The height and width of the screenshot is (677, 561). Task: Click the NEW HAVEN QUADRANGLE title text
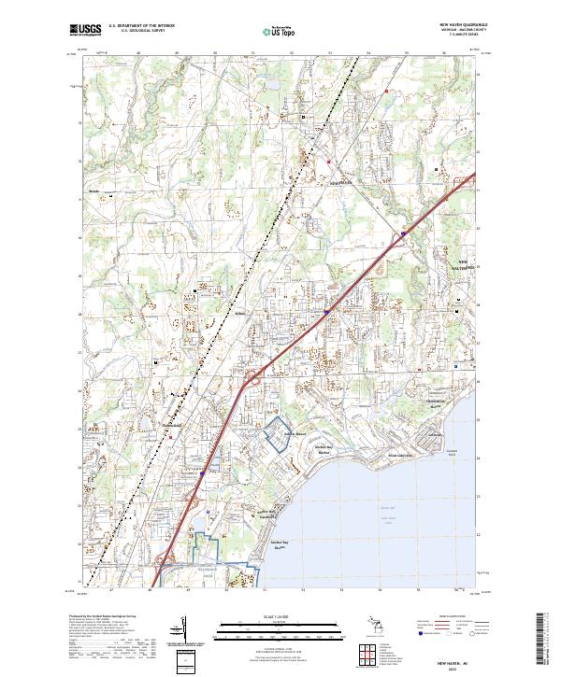462,26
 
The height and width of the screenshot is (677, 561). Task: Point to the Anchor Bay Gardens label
269,514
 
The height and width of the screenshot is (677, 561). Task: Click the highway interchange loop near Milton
251,379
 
